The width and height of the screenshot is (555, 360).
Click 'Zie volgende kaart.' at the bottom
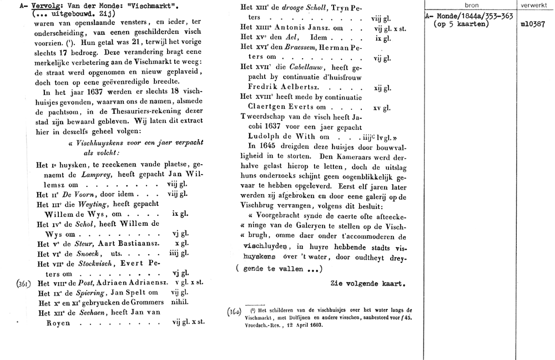coord(368,283)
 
